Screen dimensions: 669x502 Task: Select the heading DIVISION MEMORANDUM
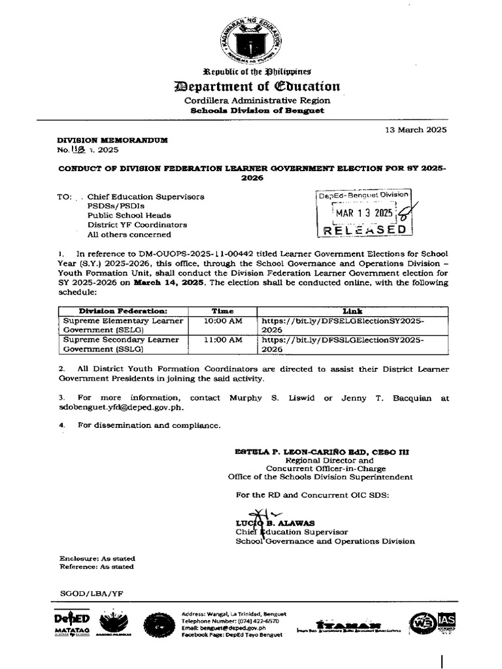click(112, 140)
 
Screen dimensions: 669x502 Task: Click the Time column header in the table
click(222, 311)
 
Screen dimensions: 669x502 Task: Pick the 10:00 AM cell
click(222, 321)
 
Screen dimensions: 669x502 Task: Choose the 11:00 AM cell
click(222, 340)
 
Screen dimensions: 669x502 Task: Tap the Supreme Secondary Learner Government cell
click(121, 344)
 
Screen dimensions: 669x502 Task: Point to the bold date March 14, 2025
click(169, 282)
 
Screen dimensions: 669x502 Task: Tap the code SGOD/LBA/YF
click(91, 593)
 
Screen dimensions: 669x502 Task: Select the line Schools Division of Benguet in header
click(257, 110)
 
